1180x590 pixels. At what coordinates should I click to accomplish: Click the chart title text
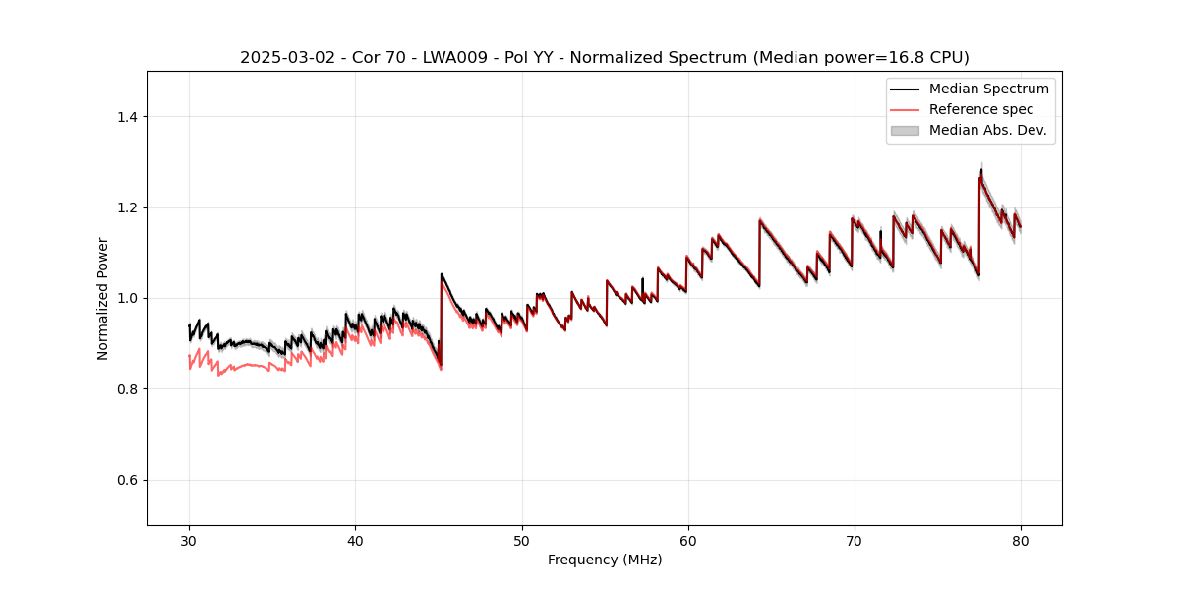click(x=604, y=58)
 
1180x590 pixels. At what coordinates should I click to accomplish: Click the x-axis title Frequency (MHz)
click(x=604, y=560)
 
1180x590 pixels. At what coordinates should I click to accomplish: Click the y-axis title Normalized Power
click(x=103, y=298)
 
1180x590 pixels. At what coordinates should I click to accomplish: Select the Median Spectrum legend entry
click(x=988, y=88)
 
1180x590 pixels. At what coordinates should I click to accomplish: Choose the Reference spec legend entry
click(x=980, y=109)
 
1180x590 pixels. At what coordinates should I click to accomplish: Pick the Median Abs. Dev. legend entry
click(x=987, y=130)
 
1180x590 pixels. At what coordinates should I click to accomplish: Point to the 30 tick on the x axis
click(x=189, y=540)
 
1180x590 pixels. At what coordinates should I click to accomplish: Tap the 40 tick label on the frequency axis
click(x=355, y=540)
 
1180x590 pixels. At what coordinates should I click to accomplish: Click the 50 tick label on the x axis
click(x=521, y=540)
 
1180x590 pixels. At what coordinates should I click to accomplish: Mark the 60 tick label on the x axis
click(x=687, y=540)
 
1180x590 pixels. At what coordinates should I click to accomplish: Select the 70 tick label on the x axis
click(x=854, y=540)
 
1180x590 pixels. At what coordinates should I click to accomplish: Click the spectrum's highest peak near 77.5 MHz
click(x=980, y=171)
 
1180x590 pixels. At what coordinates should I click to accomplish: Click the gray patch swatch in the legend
click(x=904, y=130)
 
